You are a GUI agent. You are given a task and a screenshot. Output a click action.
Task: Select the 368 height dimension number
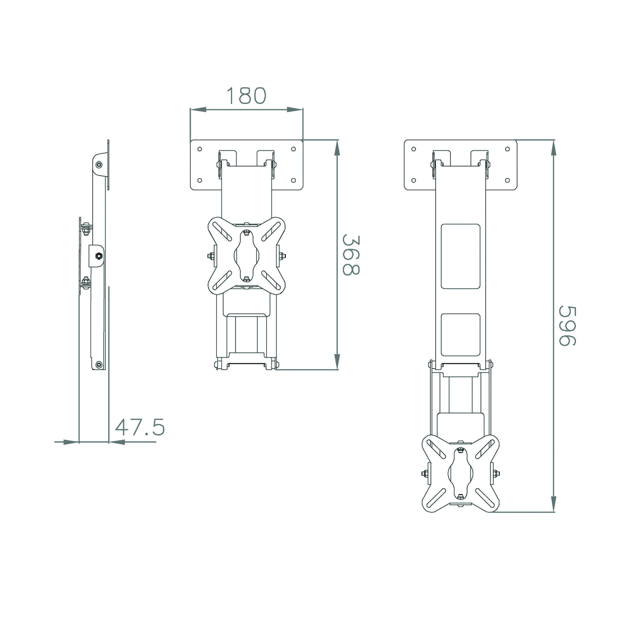351,255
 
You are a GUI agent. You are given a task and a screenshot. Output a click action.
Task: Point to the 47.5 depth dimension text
140,427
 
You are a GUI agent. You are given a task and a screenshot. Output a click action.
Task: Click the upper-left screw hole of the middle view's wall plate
199,149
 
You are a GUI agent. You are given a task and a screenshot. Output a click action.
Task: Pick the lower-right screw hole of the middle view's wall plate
293,180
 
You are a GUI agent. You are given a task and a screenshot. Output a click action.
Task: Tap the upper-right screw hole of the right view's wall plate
507,149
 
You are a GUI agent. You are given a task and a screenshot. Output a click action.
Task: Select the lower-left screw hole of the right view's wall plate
413,180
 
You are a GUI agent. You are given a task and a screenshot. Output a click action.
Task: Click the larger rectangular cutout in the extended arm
461,256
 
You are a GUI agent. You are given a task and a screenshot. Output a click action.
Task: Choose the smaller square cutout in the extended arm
461,335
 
